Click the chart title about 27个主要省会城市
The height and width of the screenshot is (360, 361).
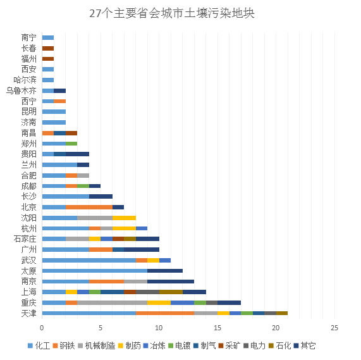click(x=172, y=13)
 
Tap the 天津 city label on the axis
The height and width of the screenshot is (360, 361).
click(x=29, y=313)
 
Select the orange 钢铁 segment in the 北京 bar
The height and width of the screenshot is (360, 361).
click(x=89, y=207)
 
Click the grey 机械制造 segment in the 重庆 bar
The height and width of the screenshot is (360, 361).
click(x=113, y=302)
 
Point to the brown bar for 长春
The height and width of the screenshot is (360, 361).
click(x=48, y=48)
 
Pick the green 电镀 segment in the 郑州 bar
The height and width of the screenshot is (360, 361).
click(x=71, y=144)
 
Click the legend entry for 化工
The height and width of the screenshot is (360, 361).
click(x=39, y=345)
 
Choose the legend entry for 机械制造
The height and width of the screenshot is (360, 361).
click(x=97, y=345)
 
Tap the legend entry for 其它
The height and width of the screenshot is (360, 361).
click(x=305, y=345)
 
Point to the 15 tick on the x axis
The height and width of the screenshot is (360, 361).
click(x=217, y=328)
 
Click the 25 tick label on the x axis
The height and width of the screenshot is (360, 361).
click(x=334, y=328)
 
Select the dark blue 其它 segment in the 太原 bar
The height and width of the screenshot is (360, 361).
click(x=165, y=271)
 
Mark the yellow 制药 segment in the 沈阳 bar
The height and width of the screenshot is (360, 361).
click(x=124, y=218)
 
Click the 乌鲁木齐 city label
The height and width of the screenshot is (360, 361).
click(x=21, y=90)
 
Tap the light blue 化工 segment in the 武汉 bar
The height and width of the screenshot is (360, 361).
click(x=89, y=260)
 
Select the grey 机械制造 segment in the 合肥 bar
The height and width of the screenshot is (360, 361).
click(x=83, y=175)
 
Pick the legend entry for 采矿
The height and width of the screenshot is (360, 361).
click(x=229, y=345)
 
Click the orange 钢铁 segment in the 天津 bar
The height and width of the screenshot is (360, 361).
click(x=165, y=313)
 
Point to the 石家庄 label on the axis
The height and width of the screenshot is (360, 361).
click(x=25, y=239)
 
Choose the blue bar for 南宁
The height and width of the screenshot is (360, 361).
click(x=48, y=37)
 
